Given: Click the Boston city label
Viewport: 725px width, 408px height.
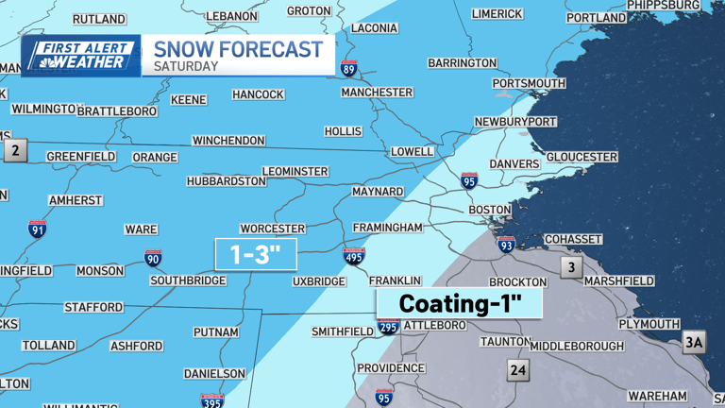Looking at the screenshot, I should coord(490,210).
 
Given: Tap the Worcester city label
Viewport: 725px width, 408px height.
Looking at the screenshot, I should coord(273,229).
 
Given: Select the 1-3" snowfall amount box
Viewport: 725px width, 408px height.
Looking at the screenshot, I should coord(256,255).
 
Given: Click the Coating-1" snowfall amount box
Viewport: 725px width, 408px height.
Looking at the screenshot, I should coord(460,303).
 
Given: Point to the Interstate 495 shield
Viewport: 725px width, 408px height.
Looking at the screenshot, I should coord(354,256).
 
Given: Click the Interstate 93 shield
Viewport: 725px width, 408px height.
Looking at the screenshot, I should coord(507,245).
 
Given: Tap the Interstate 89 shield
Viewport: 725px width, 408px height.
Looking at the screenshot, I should coord(349,68).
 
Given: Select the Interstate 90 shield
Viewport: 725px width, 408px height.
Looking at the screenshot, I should coord(153,258).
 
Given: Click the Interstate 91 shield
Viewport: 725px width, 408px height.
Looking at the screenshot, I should coord(37,228).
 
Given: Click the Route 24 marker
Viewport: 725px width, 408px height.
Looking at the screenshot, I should coord(517,369).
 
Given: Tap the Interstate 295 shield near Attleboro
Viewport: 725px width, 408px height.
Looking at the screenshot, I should coord(388,325).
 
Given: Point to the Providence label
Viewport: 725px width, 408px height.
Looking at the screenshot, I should coord(391,367).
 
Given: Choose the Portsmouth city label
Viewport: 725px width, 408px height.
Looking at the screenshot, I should coord(530,83).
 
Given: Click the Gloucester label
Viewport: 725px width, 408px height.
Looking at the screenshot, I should coord(582,157).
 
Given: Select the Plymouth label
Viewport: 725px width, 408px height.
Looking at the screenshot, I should coord(649,324).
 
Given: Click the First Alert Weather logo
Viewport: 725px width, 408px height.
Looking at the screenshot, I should coord(81,56).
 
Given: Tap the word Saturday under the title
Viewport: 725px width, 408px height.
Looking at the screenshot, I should coord(187,67).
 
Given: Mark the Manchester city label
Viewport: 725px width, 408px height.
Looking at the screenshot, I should coord(377,93).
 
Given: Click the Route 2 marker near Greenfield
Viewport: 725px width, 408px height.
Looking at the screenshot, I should coord(15,149).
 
